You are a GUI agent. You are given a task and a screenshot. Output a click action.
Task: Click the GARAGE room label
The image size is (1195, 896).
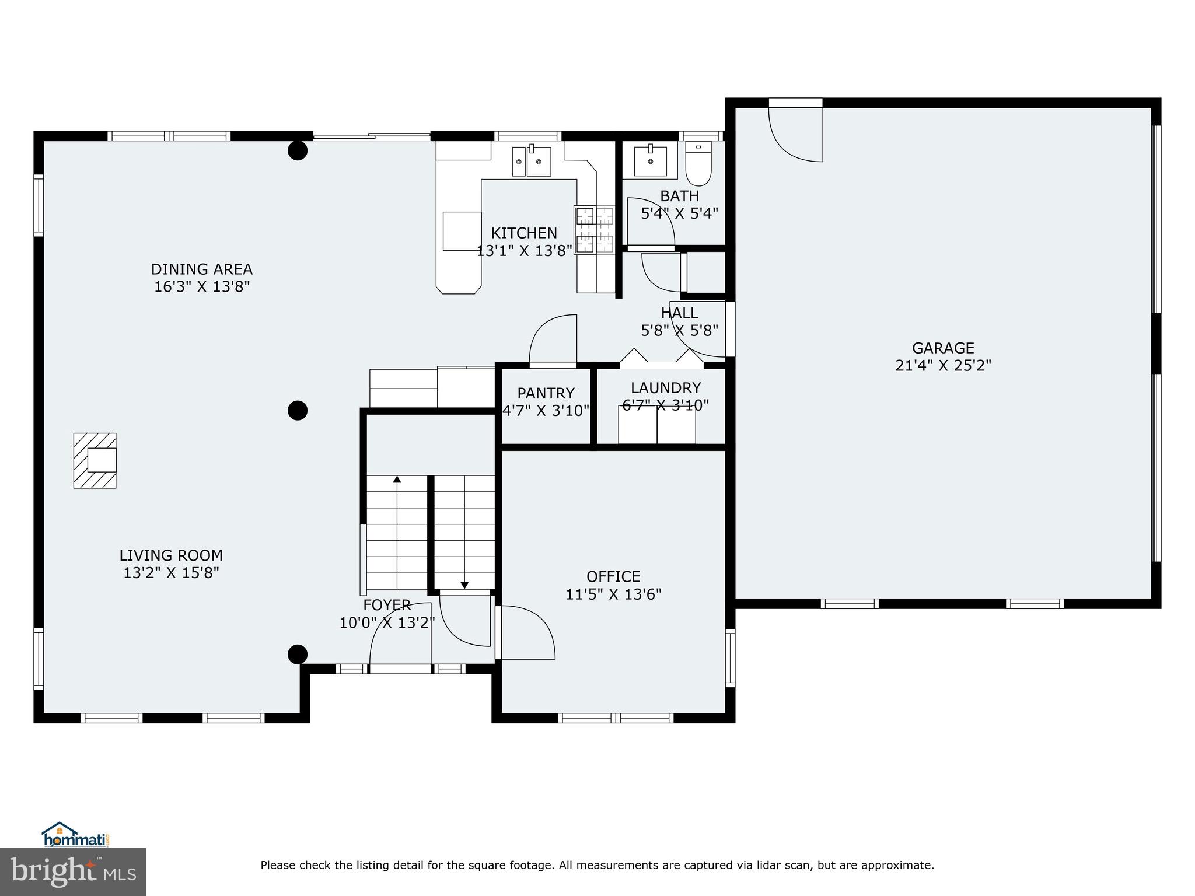click(x=943, y=348)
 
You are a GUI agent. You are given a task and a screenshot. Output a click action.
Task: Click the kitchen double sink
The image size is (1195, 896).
click(x=532, y=162)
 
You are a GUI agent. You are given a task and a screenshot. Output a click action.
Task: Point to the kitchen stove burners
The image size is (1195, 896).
click(x=595, y=230)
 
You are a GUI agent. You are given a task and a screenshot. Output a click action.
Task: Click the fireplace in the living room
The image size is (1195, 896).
click(x=95, y=460)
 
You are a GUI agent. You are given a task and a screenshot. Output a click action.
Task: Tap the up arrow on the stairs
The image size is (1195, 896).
click(x=397, y=480)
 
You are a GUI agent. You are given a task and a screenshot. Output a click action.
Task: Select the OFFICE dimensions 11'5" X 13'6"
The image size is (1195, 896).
click(x=613, y=594)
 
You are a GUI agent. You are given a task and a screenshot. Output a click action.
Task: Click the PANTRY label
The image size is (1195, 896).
click(x=546, y=393)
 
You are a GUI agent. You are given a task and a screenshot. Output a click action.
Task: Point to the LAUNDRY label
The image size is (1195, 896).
click(x=665, y=388)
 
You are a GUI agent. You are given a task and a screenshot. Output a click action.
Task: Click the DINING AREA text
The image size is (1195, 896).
click(x=202, y=269)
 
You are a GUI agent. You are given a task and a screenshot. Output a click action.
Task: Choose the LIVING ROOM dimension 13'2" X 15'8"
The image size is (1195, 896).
click(x=171, y=573)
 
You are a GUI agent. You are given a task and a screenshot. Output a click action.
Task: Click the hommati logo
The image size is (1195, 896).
click(x=76, y=835)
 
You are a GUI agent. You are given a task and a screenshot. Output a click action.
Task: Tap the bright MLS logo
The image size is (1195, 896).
click(x=73, y=871)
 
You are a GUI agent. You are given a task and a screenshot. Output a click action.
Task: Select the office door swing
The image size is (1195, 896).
click(x=525, y=633)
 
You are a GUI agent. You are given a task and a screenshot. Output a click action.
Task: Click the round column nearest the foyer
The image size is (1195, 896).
click(x=298, y=654)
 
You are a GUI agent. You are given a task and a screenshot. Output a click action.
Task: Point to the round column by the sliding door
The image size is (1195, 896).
click(x=298, y=151)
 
